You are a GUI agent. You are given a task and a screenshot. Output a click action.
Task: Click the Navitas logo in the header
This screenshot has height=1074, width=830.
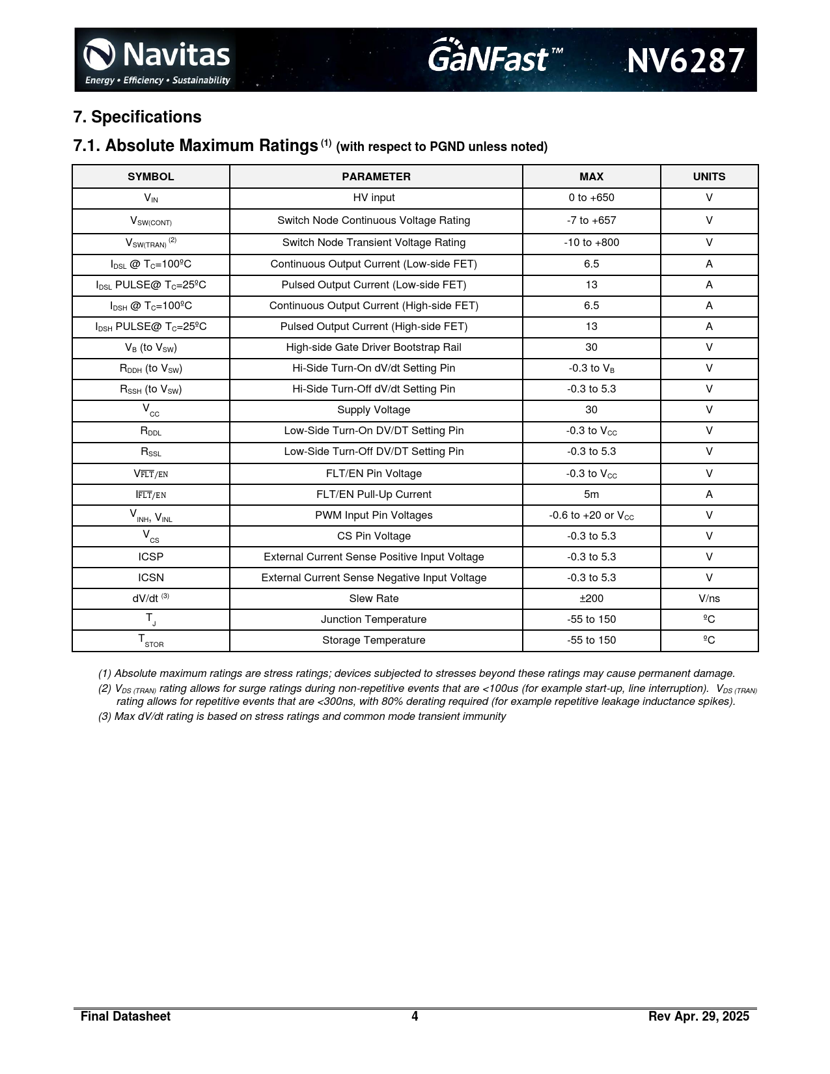[156, 60]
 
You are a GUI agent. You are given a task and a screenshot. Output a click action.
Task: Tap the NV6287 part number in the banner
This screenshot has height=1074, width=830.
[685, 61]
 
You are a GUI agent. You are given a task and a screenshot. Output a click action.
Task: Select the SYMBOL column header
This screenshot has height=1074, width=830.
[150, 176]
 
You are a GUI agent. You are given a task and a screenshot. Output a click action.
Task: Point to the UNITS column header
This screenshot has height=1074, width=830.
[709, 176]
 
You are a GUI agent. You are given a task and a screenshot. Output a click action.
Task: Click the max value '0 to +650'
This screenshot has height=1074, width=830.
[591, 198]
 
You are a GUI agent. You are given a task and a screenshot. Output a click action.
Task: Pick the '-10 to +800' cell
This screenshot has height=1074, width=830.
[591, 243]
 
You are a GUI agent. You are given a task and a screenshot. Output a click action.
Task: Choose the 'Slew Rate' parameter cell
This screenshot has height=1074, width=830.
[374, 599]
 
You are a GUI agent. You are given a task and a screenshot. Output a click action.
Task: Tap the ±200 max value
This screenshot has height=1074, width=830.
[591, 599]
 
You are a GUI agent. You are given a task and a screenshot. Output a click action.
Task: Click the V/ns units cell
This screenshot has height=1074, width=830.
[709, 599]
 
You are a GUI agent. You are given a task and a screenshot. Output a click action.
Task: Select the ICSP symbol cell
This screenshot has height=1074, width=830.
[151, 557]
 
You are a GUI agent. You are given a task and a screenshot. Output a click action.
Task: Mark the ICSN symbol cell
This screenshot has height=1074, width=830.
[151, 578]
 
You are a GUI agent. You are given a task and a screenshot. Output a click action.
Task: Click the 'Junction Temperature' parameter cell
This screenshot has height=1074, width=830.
[374, 620]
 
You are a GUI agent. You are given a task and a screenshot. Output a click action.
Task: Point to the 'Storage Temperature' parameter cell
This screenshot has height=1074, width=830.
[374, 640]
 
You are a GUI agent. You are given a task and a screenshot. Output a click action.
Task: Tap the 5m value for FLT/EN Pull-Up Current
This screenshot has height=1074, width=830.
[591, 495]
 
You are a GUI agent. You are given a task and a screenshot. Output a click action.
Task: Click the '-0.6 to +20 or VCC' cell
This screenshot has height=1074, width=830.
[591, 516]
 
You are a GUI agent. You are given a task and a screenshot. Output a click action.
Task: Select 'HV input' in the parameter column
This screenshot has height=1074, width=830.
[374, 198]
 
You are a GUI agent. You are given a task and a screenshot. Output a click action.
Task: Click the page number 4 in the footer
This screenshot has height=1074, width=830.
[415, 1017]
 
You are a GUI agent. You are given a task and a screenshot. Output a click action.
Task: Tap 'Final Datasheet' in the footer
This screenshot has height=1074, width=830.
[126, 1017]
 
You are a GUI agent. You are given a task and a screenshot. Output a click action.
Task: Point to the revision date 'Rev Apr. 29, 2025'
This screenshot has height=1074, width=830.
[699, 1017]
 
